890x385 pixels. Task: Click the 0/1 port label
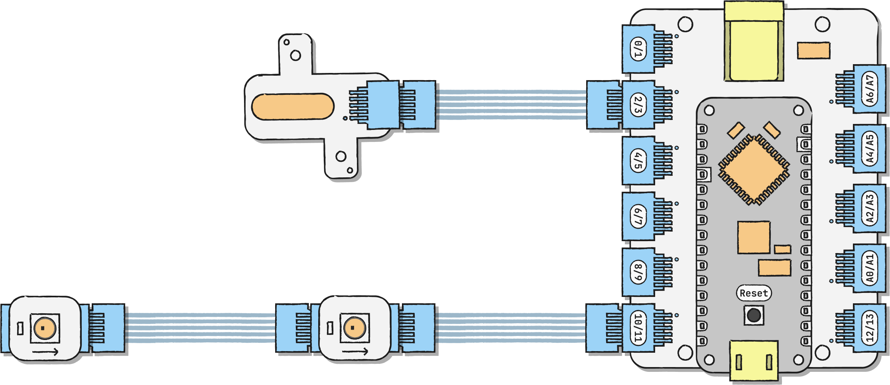tap(638, 49)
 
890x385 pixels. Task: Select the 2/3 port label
tap(638, 105)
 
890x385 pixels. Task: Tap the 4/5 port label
tap(638, 161)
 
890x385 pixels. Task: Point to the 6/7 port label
tap(638, 216)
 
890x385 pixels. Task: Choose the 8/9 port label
tap(638, 272)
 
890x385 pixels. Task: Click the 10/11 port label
tap(638, 328)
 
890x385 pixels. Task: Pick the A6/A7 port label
tap(870, 89)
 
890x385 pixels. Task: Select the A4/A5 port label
tap(870, 149)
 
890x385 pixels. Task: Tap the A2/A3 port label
tap(870, 208)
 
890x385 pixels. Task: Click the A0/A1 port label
tap(870, 268)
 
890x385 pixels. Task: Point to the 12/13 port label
tap(870, 328)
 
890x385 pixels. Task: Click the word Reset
tap(754, 293)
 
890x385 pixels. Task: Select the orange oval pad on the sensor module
tap(293, 106)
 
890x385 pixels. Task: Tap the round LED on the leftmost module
tap(44, 328)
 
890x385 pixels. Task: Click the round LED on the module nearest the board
tap(354, 328)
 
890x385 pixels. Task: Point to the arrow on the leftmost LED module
tap(45, 352)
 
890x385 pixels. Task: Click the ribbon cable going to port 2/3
tap(510, 105)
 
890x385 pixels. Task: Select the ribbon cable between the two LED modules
tap(199, 328)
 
